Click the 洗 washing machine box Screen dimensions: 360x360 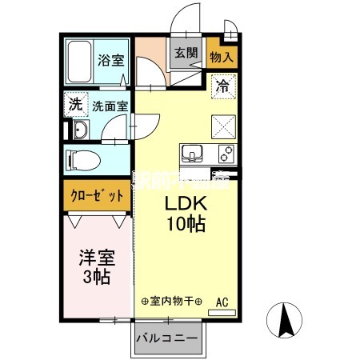tap(74, 103)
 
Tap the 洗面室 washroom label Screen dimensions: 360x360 tap(107, 104)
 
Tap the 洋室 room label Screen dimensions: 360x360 tap(94, 258)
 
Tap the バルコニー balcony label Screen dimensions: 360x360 tap(166, 338)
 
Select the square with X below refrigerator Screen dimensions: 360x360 tap(223, 126)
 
